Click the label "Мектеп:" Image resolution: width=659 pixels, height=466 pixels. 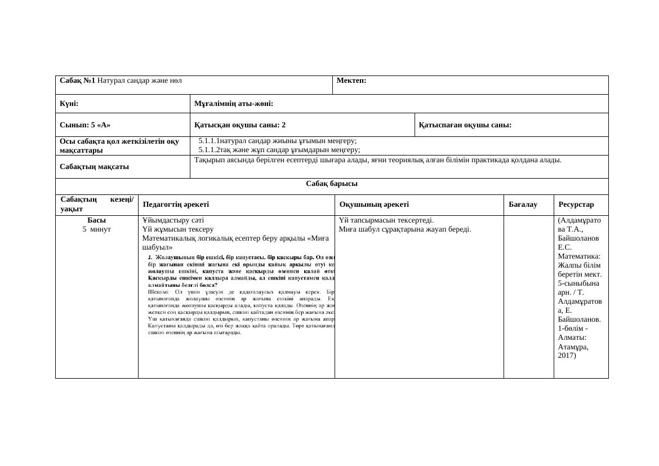tap(351, 81)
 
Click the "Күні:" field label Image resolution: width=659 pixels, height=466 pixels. tap(69, 104)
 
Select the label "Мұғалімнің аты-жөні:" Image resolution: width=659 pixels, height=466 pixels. tap(233, 104)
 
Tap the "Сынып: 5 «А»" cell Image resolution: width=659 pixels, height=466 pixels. tap(85, 125)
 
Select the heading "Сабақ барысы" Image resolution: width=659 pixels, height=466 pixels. tap(332, 184)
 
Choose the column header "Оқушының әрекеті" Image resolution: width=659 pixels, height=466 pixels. tap(374, 205)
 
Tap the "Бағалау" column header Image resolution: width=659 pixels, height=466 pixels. tap(523, 205)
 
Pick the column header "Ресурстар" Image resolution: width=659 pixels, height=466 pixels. tap(576, 205)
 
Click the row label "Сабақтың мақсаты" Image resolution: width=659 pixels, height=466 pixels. tap(94, 167)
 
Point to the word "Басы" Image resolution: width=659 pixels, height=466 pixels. tap(97, 220)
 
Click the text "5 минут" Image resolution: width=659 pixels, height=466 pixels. tap(97, 229)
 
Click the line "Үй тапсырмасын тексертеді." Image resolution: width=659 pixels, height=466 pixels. tap(386, 220)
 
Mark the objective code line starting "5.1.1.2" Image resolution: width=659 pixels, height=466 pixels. tap(279, 150)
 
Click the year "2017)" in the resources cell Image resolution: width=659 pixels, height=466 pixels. tap(567, 356)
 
